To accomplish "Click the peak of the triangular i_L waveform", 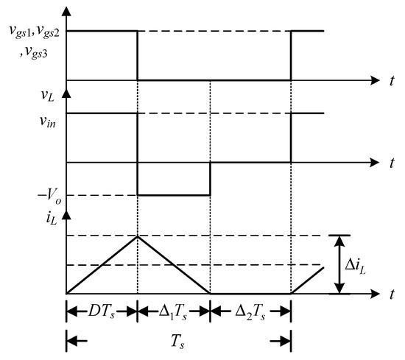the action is [138, 236].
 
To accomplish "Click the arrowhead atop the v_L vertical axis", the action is [67, 93].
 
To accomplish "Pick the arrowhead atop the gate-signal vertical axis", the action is [67, 10].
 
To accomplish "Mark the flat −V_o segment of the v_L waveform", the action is [174, 195].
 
